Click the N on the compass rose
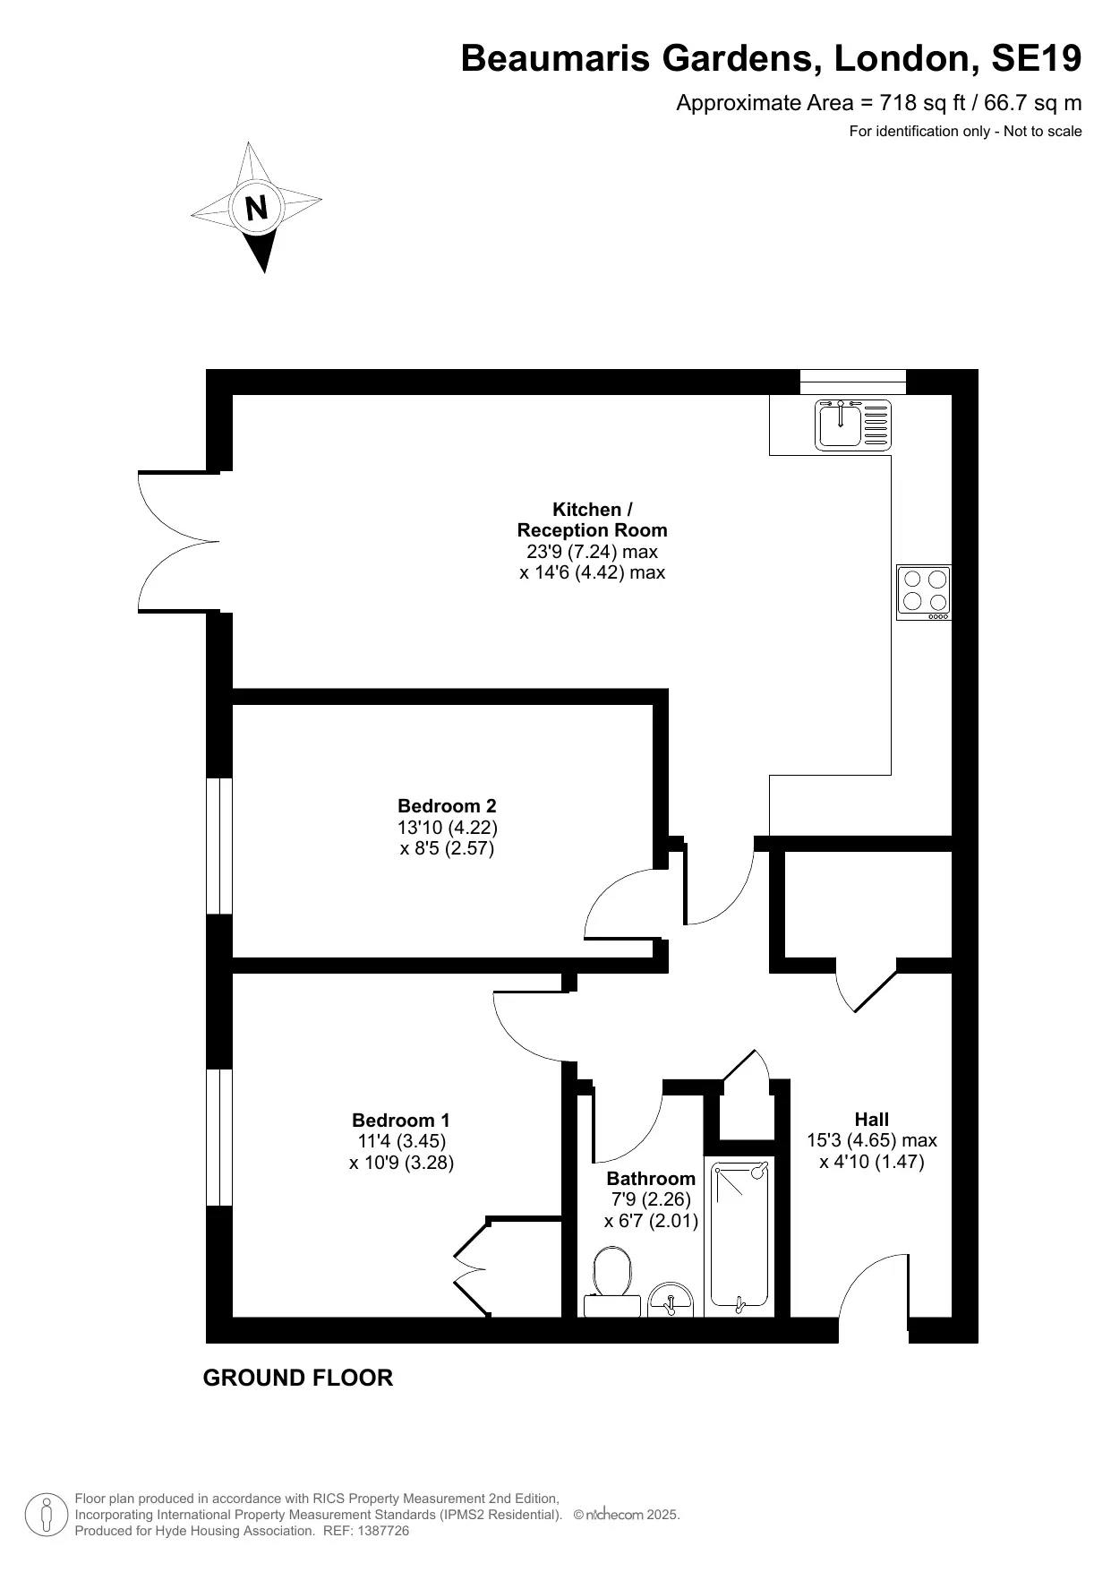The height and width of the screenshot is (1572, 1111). click(257, 208)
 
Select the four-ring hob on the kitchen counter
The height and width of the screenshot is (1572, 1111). click(924, 592)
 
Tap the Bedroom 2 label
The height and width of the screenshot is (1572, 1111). click(447, 805)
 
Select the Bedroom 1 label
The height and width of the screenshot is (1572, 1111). click(401, 1120)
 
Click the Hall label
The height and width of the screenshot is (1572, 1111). click(871, 1119)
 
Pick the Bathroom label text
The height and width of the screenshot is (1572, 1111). click(651, 1178)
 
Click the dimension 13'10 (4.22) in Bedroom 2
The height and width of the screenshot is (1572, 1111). click(447, 827)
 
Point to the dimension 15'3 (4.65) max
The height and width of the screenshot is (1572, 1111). click(871, 1140)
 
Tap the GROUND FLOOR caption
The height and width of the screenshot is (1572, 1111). click(298, 1378)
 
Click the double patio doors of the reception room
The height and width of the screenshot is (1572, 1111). click(179, 541)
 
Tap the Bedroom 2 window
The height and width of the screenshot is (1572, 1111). click(219, 846)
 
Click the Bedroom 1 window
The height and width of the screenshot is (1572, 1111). click(219, 1138)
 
